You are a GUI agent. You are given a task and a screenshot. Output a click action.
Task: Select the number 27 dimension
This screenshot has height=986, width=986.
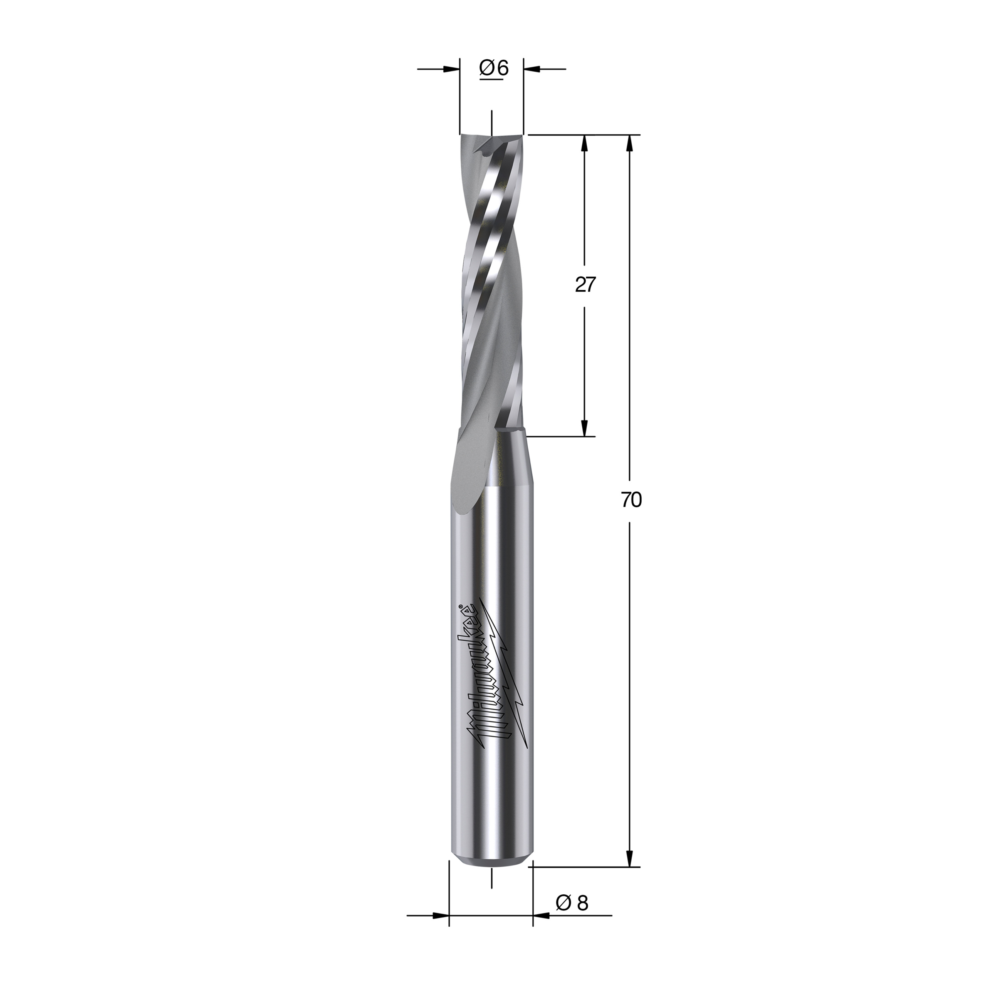click(x=585, y=285)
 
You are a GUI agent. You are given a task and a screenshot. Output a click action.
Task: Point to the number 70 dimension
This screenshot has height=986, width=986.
click(x=631, y=500)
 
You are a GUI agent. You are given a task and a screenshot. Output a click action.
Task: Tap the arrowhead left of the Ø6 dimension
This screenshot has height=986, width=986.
click(x=452, y=69)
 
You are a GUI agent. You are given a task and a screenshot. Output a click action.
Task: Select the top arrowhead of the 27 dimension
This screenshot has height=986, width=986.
click(x=585, y=143)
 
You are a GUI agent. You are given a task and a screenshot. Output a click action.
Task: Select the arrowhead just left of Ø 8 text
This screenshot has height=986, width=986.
click(x=541, y=930)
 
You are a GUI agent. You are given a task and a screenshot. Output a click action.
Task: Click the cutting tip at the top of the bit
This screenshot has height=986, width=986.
click(x=491, y=138)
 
